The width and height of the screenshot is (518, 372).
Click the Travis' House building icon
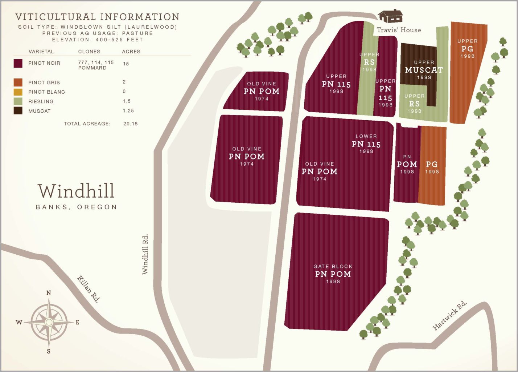pos(390,16)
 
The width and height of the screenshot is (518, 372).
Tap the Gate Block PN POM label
pos(333,274)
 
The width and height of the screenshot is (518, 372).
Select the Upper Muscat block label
pos(424,70)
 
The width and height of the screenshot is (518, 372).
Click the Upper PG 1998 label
pos(467,48)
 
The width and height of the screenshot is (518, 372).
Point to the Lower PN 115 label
pos(366,143)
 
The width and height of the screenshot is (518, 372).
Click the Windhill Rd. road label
pos(145,254)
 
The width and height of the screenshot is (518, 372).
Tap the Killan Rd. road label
pos(88,289)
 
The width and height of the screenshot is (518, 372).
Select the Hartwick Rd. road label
pos(450,315)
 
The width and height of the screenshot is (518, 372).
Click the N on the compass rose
pos(49,293)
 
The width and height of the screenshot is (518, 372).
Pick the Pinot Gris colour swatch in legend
pos(18,82)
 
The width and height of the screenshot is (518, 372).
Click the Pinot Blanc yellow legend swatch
pos(18,92)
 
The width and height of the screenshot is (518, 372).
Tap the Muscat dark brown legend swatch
pos(18,111)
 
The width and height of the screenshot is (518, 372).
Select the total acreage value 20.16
pos(130,124)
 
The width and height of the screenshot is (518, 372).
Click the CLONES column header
pos(89,52)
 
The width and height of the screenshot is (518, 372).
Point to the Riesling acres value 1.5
pos(127,101)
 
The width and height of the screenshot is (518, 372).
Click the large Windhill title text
pos(76,191)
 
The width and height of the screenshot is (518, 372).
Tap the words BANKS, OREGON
pos(76,207)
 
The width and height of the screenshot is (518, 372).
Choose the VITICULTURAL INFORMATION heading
pos(97,17)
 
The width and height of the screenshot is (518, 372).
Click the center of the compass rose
pos(49,322)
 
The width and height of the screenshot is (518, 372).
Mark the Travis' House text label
pos(399,30)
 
